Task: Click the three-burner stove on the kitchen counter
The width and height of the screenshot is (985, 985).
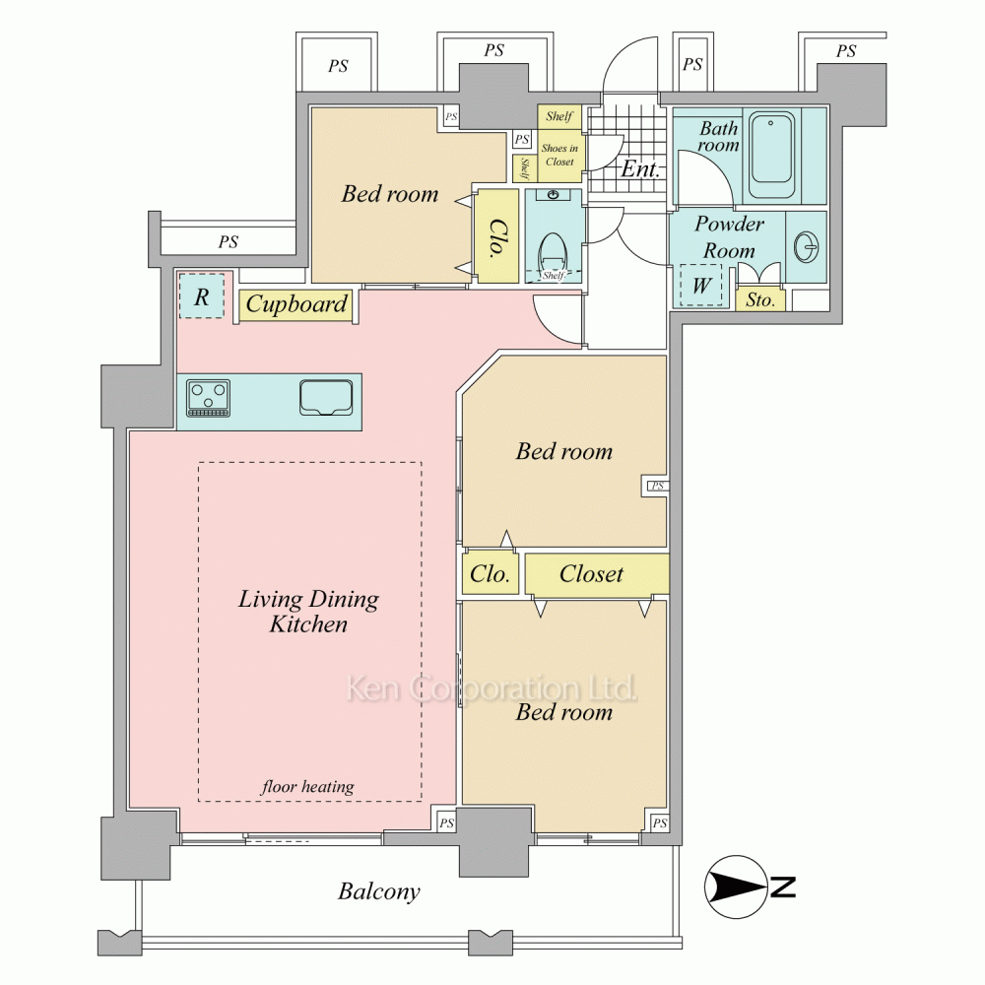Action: [208, 398]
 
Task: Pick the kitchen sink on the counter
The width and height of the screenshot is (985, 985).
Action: [325, 398]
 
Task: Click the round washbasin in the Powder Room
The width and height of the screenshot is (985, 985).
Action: [806, 246]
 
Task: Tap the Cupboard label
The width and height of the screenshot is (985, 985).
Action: [295, 304]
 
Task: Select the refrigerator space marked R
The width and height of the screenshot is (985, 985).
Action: [201, 295]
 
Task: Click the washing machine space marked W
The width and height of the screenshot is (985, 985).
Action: [700, 286]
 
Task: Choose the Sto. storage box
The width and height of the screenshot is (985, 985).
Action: [760, 299]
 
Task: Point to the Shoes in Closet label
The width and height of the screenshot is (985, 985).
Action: [559, 155]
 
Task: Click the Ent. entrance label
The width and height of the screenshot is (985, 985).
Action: [640, 168]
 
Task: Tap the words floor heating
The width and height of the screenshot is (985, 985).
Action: [307, 786]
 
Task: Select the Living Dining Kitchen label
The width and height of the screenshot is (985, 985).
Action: [308, 612]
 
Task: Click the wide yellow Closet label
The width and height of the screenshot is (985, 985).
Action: [591, 573]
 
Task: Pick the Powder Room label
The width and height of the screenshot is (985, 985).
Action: [729, 236]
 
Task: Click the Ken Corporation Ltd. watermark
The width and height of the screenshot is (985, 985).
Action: [492, 689]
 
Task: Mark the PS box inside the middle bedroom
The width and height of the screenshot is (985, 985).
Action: [656, 486]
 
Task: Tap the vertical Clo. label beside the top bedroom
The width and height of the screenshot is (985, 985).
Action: [496, 236]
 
